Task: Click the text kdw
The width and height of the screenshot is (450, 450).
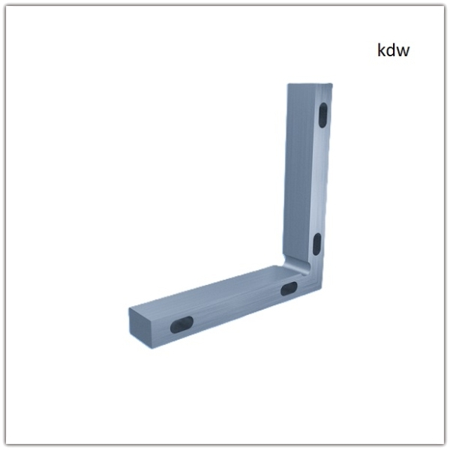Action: (393, 50)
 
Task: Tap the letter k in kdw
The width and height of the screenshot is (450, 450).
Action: (381, 50)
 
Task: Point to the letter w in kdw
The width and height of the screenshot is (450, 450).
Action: (403, 52)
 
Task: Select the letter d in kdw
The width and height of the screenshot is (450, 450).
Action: (391, 50)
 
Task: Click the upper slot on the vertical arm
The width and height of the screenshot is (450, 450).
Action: (323, 115)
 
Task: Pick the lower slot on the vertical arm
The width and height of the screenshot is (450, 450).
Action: (316, 244)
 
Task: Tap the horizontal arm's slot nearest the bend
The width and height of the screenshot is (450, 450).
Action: (289, 289)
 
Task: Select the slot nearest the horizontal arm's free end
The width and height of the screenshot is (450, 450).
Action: (181, 325)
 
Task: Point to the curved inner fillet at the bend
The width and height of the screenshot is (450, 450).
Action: (295, 265)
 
